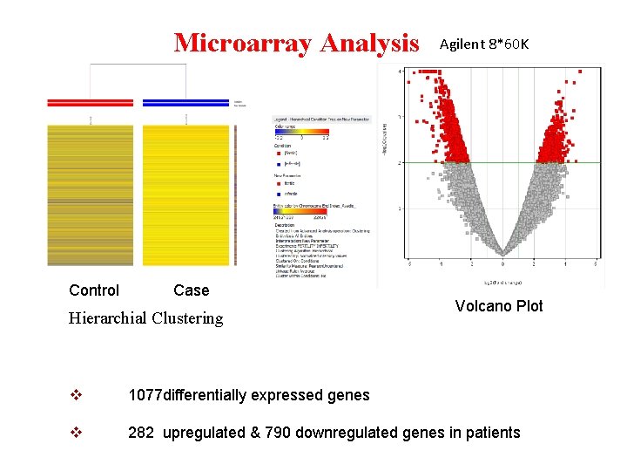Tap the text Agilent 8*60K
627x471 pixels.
(x=483, y=44)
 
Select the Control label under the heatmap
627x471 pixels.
(x=94, y=290)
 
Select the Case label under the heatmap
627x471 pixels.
(x=191, y=290)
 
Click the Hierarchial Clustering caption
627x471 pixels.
(x=145, y=318)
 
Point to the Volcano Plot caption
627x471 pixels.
(x=499, y=306)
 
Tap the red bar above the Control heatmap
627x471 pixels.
(x=91, y=103)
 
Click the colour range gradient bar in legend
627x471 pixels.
(x=301, y=131)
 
